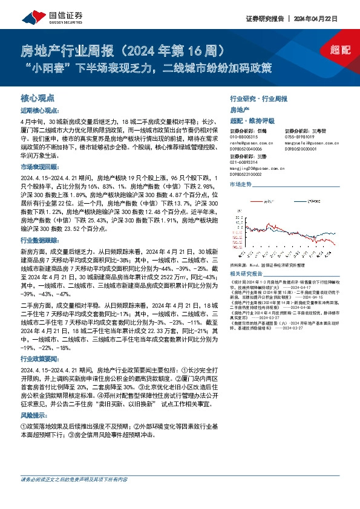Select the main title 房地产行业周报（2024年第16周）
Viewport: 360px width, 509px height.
[123, 48]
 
